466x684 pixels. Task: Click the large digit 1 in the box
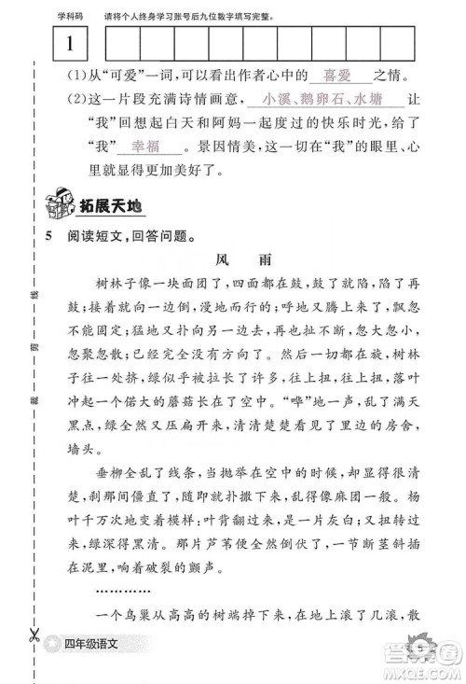point(71,43)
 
